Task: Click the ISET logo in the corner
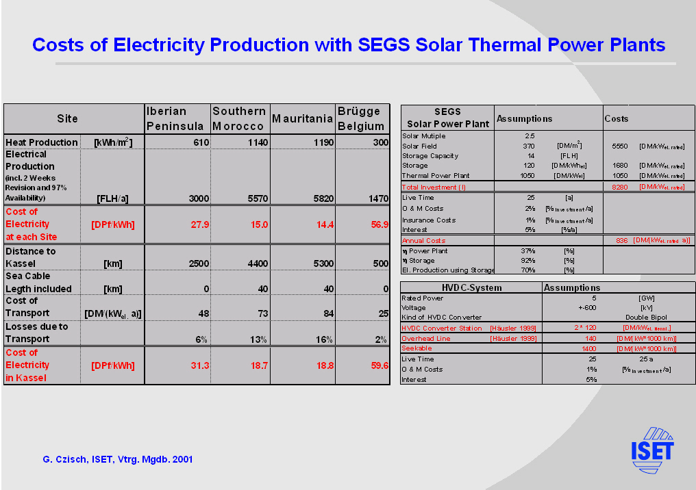[x=652, y=450]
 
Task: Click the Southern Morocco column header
[x=238, y=118]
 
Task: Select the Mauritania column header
[x=302, y=119]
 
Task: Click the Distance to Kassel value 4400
[x=254, y=263]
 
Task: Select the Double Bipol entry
[x=646, y=318]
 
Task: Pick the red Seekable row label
[x=417, y=348]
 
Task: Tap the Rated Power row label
[x=423, y=298]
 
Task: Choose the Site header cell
[x=67, y=119]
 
